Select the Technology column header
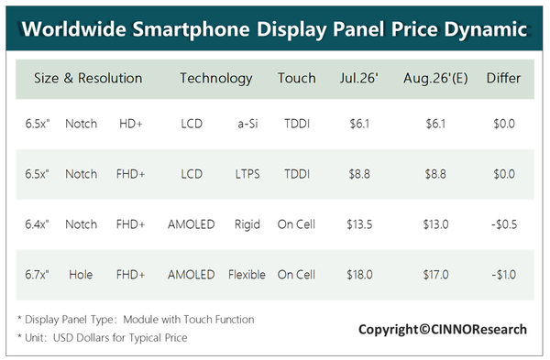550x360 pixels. (216, 79)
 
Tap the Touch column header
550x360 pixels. (297, 78)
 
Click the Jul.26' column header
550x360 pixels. (359, 78)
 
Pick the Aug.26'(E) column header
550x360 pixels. (435, 79)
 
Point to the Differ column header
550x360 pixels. (503, 78)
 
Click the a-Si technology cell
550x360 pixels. (247, 124)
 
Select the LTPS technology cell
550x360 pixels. (247, 174)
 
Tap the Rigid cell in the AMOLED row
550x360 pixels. (247, 224)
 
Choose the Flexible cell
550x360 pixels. (247, 275)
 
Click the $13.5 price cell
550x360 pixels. (359, 224)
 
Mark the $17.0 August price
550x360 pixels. (435, 275)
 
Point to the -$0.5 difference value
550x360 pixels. (504, 224)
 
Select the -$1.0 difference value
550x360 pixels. (503, 275)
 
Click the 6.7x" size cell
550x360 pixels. (37, 275)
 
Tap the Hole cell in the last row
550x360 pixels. (81, 275)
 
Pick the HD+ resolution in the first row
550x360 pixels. (131, 124)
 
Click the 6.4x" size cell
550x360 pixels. (37, 224)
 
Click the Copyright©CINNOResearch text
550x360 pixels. (443, 330)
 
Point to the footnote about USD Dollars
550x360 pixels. (103, 338)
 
